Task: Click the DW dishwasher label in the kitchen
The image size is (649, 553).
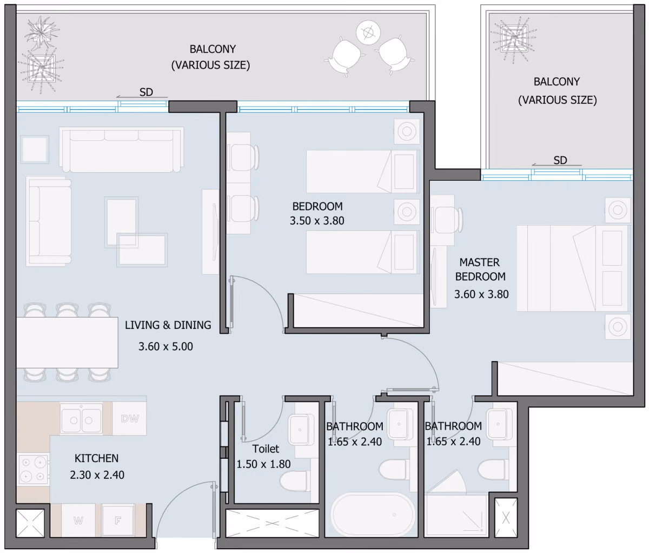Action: coord(130,418)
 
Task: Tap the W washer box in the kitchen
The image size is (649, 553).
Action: coord(78,521)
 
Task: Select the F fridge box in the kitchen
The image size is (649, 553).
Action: coord(118,521)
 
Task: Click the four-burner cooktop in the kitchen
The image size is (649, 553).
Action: coord(33,470)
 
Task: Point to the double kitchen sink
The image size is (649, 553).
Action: coord(81,419)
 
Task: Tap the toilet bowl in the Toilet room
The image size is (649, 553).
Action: coord(293,481)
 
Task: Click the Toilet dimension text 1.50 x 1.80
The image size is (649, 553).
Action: coord(263,464)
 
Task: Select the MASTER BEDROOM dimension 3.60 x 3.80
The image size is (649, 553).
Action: coord(481,294)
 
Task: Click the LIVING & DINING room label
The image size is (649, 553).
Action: coord(168,325)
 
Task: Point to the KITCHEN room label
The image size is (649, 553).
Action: coord(96,458)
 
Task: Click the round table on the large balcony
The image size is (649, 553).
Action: coord(368,32)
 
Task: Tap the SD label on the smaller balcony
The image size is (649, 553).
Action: coord(560,160)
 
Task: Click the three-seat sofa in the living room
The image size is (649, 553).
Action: coord(121,149)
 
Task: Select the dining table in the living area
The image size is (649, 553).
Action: coord(67,343)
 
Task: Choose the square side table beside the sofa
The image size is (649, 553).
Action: coord(35,149)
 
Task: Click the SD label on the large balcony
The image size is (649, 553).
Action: coord(146,92)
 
